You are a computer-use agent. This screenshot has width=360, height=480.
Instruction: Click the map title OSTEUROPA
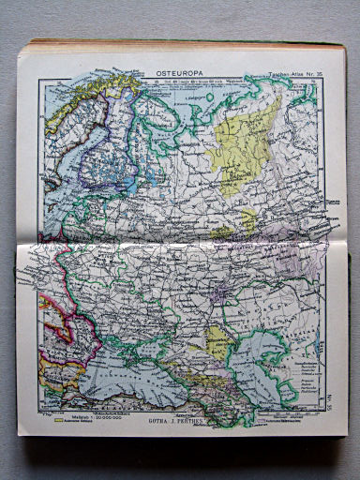(173, 70)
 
